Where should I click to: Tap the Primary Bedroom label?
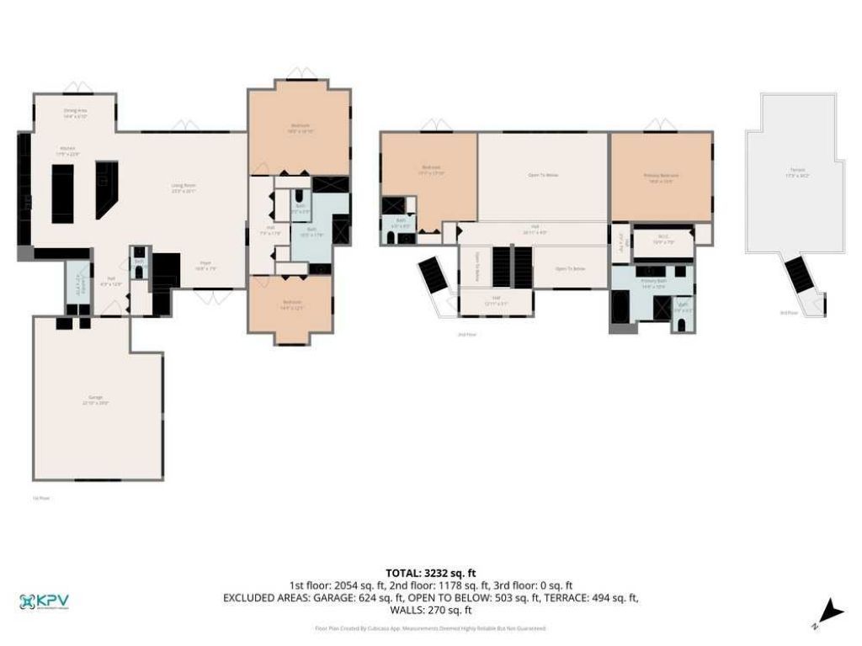click(661, 177)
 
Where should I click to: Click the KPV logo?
click(44, 602)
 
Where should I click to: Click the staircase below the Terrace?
click(796, 273)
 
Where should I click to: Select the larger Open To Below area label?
click(543, 175)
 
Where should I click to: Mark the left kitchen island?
click(63, 193)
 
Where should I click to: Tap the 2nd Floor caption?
click(466, 335)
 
